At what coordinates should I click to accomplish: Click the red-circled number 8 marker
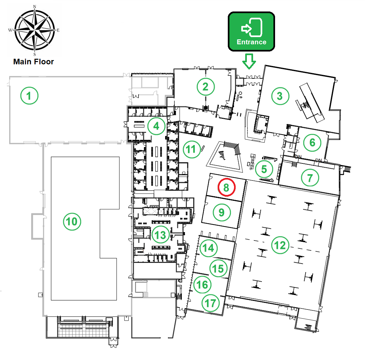(226, 187)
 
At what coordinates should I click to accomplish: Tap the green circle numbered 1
(29, 95)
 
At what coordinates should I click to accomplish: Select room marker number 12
(280, 245)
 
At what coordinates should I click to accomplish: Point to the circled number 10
(72, 222)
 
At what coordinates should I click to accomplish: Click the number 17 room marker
(210, 303)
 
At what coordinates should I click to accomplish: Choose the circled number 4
(156, 126)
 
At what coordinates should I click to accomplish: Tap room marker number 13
(161, 235)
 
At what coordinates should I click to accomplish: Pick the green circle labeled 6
(312, 143)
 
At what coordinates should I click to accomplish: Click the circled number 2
(205, 87)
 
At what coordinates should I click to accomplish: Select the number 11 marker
(192, 149)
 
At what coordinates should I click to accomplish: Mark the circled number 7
(310, 178)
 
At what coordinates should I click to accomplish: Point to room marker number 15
(218, 268)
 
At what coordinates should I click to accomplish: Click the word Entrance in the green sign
(251, 42)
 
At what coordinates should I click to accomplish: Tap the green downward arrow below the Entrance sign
(249, 61)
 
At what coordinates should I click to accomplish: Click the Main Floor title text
(33, 62)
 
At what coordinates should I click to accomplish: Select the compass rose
(35, 30)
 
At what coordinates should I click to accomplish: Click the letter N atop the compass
(35, 7)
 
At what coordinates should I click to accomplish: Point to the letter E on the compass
(58, 30)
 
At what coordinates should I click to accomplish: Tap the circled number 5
(264, 169)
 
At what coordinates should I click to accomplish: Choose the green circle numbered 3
(280, 96)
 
